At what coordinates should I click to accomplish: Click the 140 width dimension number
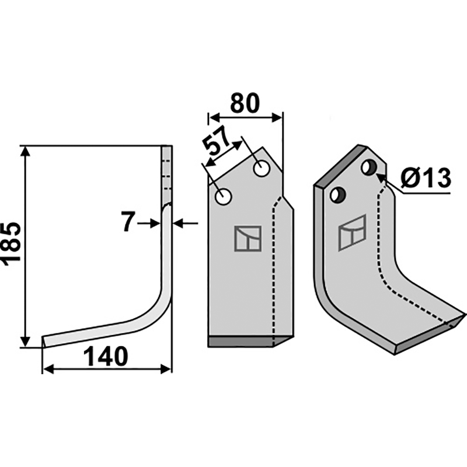pyautogui.click(x=106, y=357)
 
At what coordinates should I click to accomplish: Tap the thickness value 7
pyautogui.click(x=128, y=221)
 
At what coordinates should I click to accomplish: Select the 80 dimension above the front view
pyautogui.click(x=245, y=103)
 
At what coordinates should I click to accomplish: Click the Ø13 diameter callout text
pyautogui.click(x=426, y=179)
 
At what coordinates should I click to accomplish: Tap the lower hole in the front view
pyautogui.click(x=223, y=197)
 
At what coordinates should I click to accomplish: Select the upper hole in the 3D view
pyautogui.click(x=370, y=168)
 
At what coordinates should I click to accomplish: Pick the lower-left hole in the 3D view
pyautogui.click(x=338, y=195)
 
